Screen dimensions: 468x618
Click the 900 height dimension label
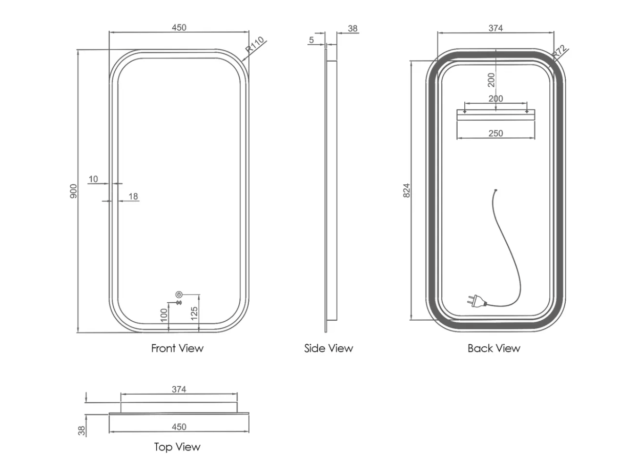point(73,191)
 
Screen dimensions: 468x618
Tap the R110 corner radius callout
point(254,45)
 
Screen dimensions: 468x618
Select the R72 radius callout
point(559,52)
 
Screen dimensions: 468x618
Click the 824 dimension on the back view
point(407,190)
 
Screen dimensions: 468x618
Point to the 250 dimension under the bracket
point(496,133)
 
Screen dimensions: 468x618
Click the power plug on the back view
point(473,300)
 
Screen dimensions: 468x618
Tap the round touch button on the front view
point(179,295)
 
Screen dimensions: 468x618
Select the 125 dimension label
point(194,313)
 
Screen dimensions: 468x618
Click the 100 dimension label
point(164,315)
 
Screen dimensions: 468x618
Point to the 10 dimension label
point(93,179)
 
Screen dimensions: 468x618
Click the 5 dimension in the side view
point(312,39)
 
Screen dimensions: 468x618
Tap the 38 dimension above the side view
point(353,29)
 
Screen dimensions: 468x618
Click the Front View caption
point(177,348)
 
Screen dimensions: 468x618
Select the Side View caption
point(328,348)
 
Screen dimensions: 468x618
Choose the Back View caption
point(493,348)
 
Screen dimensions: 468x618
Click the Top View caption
point(177,447)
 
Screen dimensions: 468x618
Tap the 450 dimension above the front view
point(179,28)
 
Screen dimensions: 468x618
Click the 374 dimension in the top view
point(179,389)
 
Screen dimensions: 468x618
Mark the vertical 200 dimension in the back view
point(491,80)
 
